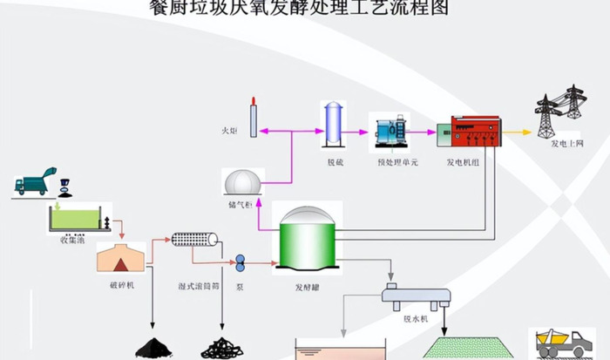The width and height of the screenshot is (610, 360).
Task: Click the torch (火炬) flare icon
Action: [253, 118]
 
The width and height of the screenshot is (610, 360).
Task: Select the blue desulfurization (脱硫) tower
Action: [332, 125]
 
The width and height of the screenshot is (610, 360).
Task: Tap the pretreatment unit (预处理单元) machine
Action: [388, 131]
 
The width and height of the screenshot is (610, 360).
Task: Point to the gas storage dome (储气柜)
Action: [242, 183]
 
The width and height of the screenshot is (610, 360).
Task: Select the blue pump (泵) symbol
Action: [240, 261]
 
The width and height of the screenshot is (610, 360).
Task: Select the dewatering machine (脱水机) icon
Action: [417, 297]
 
